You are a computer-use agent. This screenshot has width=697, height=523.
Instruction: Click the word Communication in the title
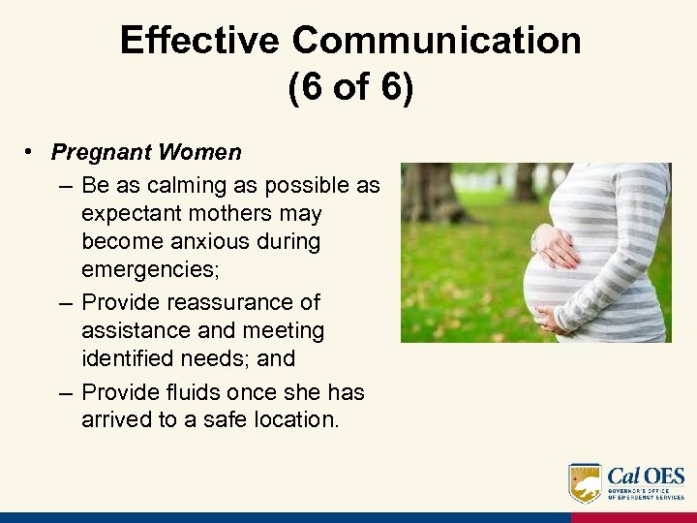[x=437, y=41]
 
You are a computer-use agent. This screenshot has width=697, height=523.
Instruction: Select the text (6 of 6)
[x=349, y=88]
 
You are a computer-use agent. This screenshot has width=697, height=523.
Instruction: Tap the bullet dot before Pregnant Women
[x=32, y=153]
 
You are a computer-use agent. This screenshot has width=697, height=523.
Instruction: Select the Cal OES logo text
[x=646, y=477]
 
